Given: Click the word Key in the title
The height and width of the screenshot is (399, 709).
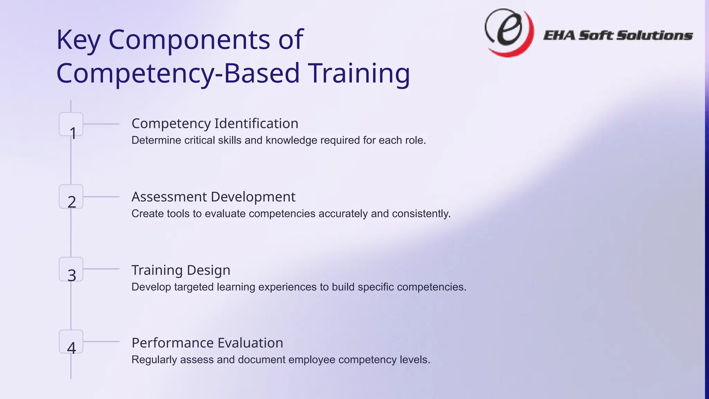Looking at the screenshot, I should pos(78,40).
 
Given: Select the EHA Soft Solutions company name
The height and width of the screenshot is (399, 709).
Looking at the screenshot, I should pos(618,35).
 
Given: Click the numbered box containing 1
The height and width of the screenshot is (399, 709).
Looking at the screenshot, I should pos(71,124).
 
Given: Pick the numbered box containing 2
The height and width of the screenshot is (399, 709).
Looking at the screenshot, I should pos(71,197).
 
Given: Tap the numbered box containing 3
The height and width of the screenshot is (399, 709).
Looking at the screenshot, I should pos(71,269).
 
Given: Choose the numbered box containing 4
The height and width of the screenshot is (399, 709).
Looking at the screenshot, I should pos(71,342).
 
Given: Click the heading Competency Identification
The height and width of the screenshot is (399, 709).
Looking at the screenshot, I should pos(215,124).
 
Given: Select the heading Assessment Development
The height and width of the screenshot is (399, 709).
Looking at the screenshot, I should pos(213,197).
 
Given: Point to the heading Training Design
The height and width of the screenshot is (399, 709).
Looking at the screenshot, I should pos(181,270).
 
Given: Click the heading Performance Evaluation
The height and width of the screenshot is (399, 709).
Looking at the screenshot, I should pos(207,343).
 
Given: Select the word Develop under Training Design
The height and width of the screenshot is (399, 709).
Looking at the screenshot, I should pos(151,287).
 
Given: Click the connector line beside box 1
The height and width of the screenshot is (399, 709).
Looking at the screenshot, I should pos(101,124).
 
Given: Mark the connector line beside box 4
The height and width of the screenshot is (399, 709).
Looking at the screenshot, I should pos(101,342).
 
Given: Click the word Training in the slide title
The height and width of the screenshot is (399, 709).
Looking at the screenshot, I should pos(359,73).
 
